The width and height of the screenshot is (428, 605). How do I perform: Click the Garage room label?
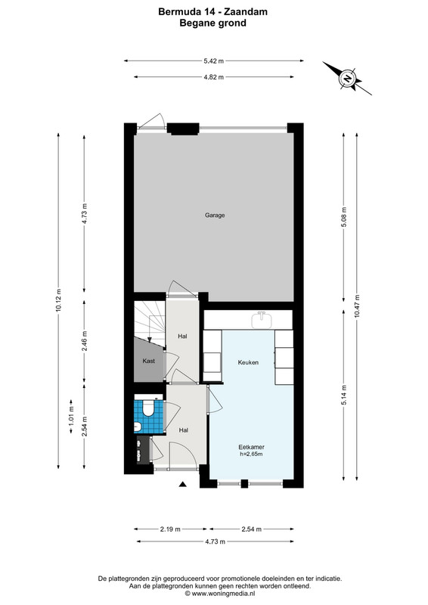point(215,216)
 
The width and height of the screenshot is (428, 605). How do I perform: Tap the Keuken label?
point(248,362)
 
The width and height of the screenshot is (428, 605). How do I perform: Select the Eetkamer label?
point(251,447)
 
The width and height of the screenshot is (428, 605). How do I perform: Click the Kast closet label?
point(148,361)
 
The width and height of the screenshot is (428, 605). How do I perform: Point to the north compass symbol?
point(347,79)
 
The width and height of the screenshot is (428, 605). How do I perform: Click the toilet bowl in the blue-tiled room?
point(147,408)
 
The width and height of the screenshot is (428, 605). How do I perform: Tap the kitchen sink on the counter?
point(263,320)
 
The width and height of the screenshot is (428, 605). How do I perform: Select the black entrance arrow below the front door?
point(183,485)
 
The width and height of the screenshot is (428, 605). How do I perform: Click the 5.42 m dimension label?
point(214,60)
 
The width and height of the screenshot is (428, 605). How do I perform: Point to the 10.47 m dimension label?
point(357,306)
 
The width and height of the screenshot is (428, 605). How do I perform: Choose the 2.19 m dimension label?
point(170,529)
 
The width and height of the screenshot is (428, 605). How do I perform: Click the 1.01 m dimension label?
point(71,417)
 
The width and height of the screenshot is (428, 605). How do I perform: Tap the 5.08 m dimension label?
point(344,217)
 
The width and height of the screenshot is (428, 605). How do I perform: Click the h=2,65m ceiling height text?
point(251,455)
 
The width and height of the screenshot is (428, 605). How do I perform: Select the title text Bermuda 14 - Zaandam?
point(213,12)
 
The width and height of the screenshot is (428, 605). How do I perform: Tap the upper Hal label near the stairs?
point(182,337)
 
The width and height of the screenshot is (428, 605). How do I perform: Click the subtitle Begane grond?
point(213,23)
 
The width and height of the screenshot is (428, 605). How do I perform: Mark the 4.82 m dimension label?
point(214,77)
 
